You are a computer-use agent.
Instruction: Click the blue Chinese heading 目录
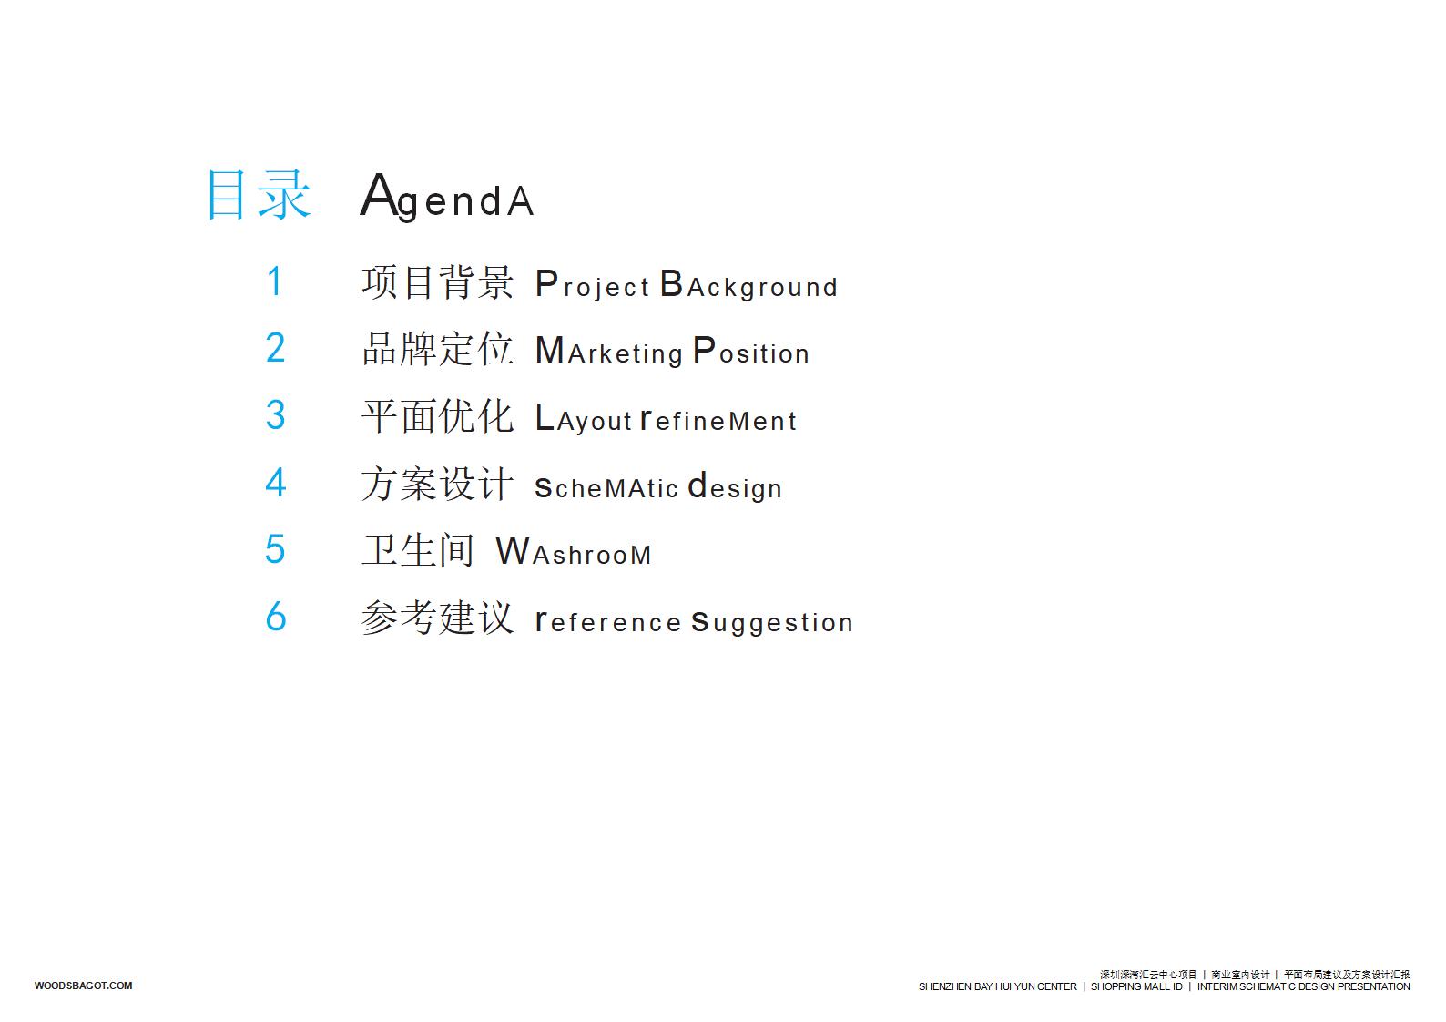(x=259, y=194)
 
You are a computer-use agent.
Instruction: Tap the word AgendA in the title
(x=447, y=196)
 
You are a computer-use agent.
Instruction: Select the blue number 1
(x=275, y=281)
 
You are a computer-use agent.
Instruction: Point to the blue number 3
(x=276, y=414)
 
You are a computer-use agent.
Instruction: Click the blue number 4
(x=276, y=482)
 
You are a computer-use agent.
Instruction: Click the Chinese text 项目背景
(x=438, y=282)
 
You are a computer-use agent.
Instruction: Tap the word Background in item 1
(x=748, y=285)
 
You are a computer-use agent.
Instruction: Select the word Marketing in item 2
(x=609, y=352)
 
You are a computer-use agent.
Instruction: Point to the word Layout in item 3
(x=584, y=418)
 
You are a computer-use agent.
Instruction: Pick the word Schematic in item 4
(x=606, y=487)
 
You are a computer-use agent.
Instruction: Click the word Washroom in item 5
(x=574, y=552)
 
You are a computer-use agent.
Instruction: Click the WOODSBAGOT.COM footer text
(x=83, y=986)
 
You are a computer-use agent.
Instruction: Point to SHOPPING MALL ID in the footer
(x=1136, y=986)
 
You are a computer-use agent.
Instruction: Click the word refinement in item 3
(x=718, y=420)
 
